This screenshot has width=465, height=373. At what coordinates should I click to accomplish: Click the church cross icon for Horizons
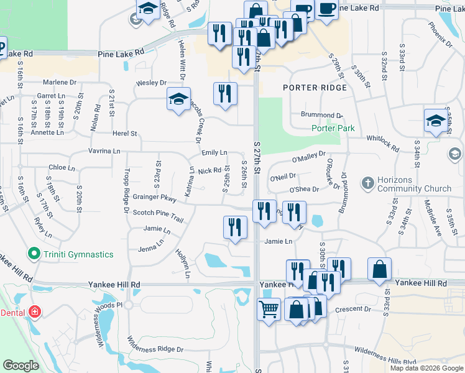point(368,183)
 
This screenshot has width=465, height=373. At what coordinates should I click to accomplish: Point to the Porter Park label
point(333,129)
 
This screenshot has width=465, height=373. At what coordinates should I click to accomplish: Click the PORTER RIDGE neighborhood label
point(315,88)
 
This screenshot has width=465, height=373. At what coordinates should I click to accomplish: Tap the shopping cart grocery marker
point(269,308)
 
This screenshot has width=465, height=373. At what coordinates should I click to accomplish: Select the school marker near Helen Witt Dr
point(178,99)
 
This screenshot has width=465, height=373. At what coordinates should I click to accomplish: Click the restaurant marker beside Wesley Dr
point(225,94)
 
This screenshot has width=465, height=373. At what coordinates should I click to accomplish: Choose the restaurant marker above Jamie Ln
point(235,227)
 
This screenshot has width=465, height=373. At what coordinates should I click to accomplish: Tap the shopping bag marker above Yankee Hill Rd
point(379,269)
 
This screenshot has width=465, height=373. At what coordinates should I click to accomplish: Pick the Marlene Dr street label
point(59,82)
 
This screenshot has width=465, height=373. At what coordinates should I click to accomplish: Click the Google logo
point(21,366)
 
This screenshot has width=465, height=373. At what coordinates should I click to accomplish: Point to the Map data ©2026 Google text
point(426,368)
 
